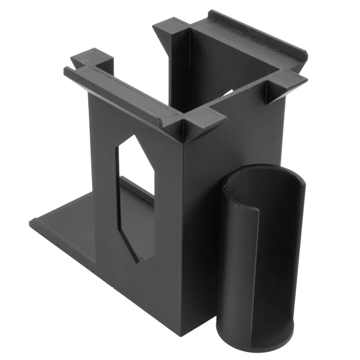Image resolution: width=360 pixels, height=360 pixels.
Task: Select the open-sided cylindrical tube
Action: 260,260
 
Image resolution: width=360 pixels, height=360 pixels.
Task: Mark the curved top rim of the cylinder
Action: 267,169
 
